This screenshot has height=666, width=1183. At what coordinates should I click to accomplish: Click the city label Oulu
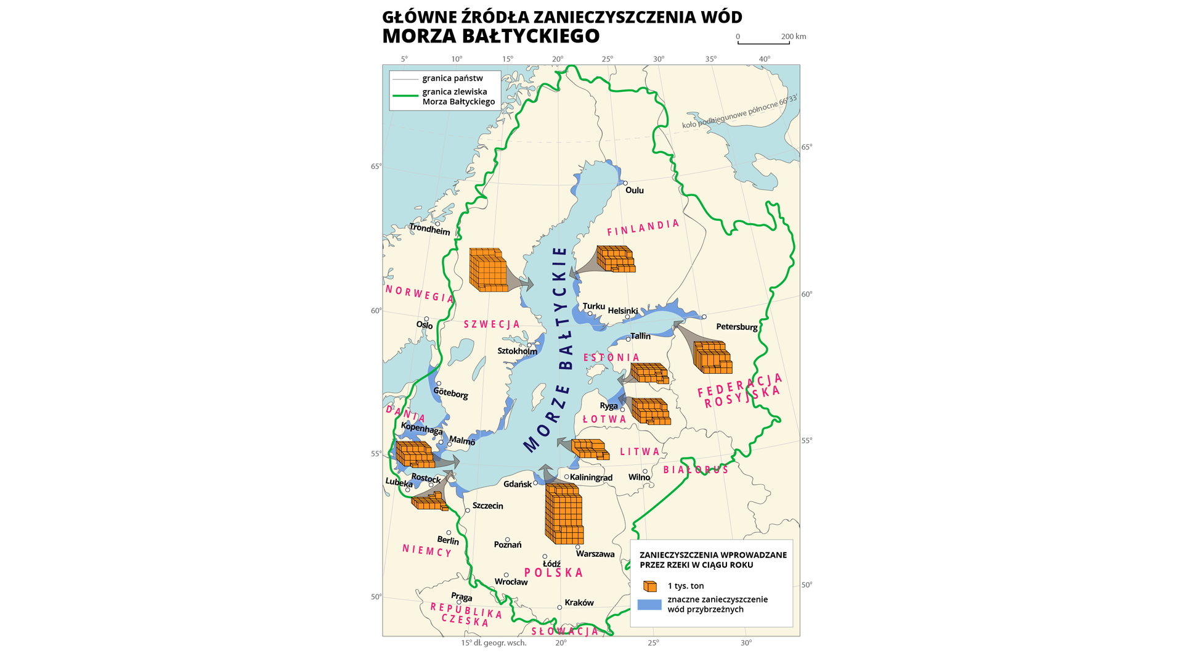pos(634,190)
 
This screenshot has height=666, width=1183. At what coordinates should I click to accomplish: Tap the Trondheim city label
pos(429,229)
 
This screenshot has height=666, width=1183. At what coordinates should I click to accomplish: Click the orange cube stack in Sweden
pos(488,269)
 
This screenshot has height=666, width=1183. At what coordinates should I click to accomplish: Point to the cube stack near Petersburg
pos(712,357)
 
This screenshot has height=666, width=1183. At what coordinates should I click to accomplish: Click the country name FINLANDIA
pos(643,228)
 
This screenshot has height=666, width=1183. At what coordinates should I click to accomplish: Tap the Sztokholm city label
pos(517,351)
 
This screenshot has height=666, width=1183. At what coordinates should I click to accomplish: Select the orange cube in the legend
pos(649,586)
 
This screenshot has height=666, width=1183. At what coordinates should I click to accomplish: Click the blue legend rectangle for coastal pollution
pos(649,604)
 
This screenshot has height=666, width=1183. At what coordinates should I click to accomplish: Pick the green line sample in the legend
pos(405,96)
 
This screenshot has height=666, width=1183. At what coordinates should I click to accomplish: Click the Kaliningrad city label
pos(591,477)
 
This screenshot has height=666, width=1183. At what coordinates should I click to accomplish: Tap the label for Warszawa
pos(595,554)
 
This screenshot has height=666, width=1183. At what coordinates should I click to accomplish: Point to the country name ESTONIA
pos(611,358)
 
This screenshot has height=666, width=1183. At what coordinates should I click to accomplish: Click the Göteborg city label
pos(450,393)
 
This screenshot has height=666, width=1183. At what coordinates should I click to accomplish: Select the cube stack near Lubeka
pos(429,503)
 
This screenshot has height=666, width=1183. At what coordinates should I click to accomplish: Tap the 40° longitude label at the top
pos(764,59)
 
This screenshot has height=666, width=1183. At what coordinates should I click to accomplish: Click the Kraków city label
pos(579,602)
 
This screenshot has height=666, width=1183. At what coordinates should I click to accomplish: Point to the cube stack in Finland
pos(615,259)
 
